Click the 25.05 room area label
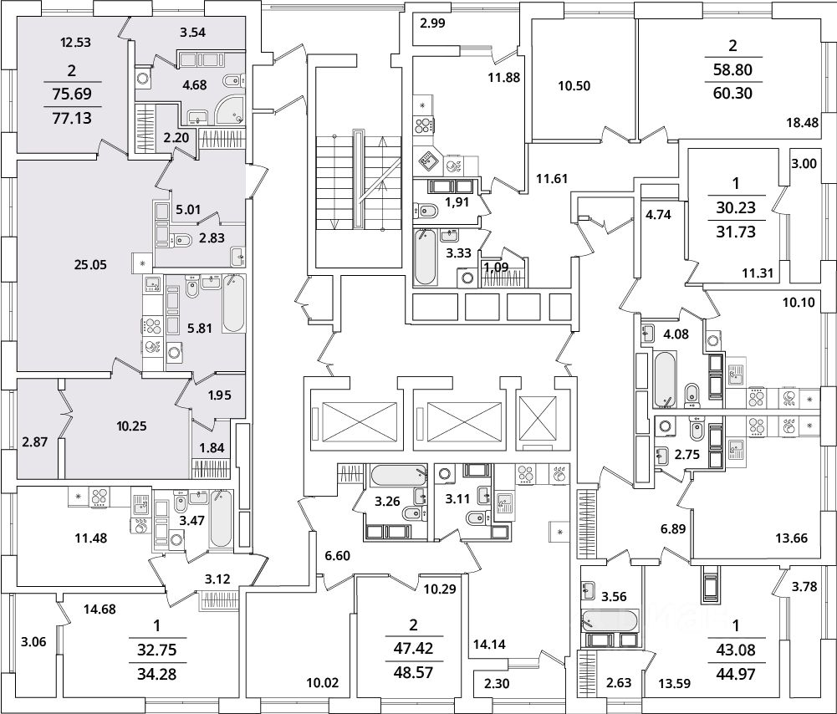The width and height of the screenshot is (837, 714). pos(91,265)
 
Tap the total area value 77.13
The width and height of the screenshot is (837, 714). pos(72,118)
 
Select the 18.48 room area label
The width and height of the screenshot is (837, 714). pos(802,122)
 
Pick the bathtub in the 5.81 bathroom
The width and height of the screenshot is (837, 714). pos(233,303)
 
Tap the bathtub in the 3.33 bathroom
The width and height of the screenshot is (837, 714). pos(426,256)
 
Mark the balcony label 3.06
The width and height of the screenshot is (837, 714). pos(33,642)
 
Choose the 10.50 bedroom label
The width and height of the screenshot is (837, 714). pos(574,86)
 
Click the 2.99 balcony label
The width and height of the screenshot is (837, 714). pos(433,23)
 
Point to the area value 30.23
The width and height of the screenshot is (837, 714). pos(736,207)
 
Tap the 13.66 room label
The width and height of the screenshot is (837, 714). pos(791,538)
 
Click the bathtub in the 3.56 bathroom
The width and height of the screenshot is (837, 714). pos(609,620)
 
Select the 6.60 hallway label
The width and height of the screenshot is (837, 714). pos(337,555)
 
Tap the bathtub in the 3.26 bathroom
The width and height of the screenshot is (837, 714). pos(398,474)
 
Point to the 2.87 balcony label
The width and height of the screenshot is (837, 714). pos(34,441)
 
